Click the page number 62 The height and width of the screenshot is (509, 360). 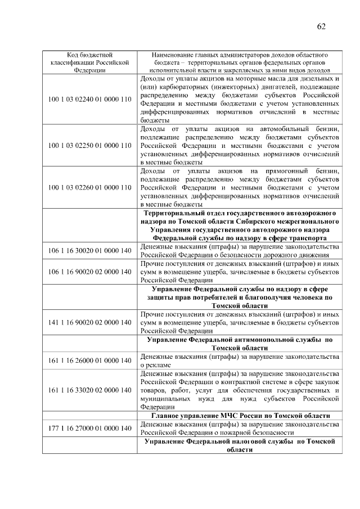pos(321,26)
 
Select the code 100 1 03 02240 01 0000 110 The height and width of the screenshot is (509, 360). pos(89,99)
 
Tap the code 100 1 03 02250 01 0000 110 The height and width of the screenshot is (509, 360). pos(89,146)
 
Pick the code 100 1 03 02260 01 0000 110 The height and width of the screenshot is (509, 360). pos(89,188)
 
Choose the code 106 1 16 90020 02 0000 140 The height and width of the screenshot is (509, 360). pos(89,272)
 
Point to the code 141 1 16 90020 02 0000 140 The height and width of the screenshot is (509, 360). pos(89,322)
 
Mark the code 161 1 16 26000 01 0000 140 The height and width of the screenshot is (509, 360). pos(89,360)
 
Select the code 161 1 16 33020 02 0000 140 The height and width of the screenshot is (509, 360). pos(89,390)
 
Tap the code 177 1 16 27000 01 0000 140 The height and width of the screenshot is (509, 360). pos(89,428)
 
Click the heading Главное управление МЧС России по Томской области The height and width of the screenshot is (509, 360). pos(240,416)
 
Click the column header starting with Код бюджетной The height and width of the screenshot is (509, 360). pos(89,62)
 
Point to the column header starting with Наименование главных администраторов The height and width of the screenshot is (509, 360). pos(240,62)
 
